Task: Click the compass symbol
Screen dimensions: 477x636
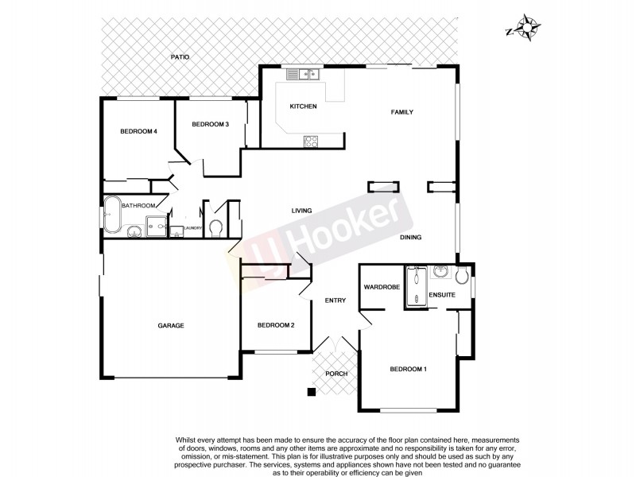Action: pos(526,29)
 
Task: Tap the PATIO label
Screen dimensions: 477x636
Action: pos(180,57)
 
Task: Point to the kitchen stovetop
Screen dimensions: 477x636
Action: pos(310,142)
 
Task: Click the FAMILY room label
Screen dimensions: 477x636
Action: pos(401,113)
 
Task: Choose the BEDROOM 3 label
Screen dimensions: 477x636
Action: pos(210,124)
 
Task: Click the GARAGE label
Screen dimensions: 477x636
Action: pos(170,326)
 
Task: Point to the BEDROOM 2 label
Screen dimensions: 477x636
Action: pos(276,325)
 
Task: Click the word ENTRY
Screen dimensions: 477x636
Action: pos(335,300)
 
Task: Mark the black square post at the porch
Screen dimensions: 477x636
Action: pos(312,391)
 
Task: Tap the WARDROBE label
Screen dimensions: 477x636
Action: pos(381,286)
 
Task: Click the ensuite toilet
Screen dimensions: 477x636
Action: pos(462,274)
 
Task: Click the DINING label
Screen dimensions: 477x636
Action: pos(410,237)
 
